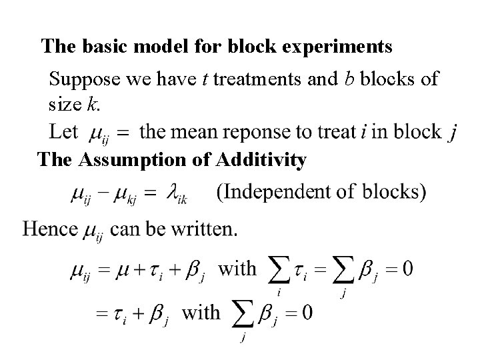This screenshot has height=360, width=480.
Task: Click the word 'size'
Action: click(x=65, y=104)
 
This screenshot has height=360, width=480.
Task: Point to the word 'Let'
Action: click(x=65, y=131)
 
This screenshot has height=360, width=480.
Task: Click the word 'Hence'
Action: click(x=50, y=230)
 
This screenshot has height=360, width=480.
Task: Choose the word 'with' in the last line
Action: click(x=201, y=312)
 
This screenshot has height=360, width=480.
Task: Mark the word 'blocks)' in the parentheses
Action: click(x=395, y=193)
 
